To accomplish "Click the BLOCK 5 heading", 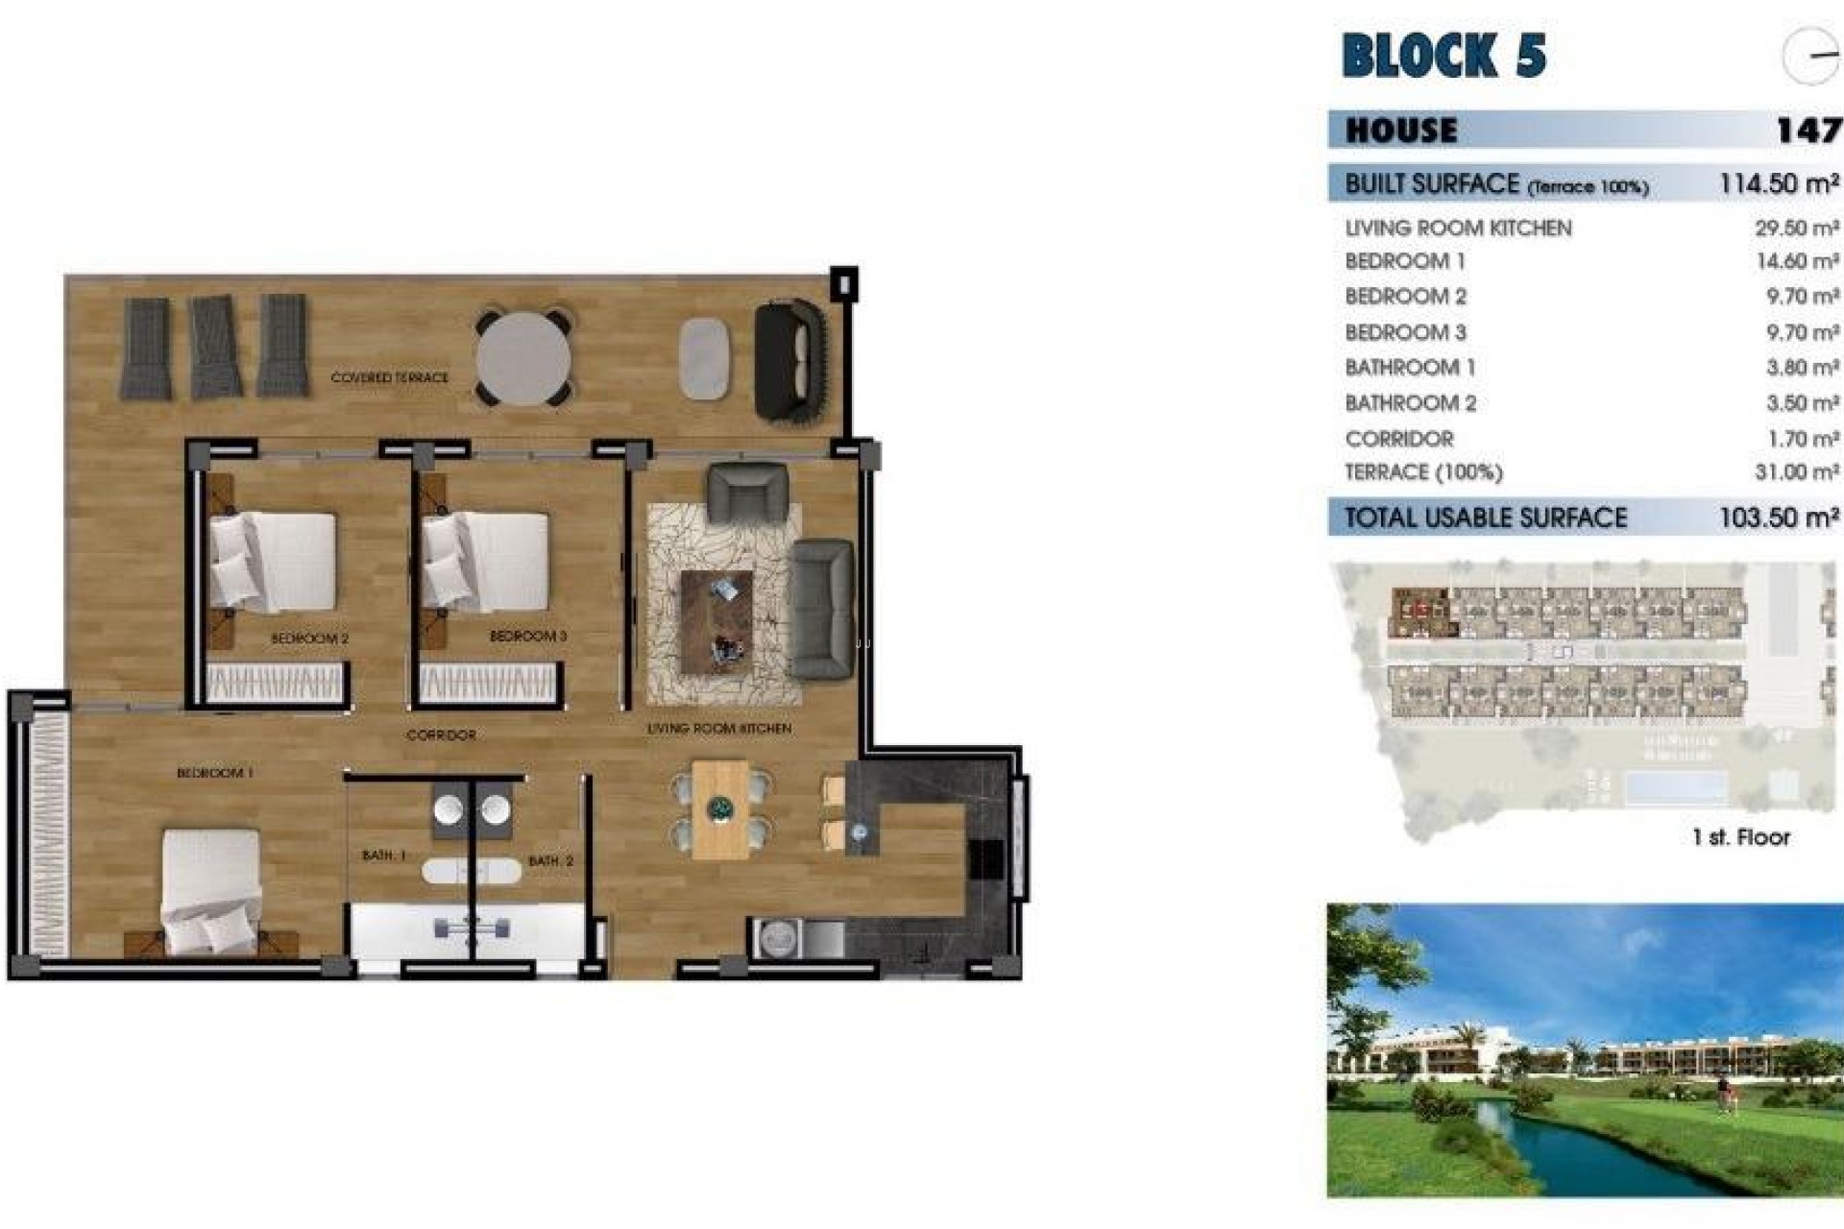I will [x=1444, y=55].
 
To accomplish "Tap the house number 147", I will [x=1808, y=130].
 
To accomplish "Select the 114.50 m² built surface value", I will [x=1779, y=183].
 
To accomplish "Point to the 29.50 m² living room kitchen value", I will [x=1796, y=229].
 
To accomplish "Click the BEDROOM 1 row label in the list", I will [x=1405, y=261].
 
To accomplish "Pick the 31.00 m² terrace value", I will [x=1796, y=472].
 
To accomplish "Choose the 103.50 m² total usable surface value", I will [x=1779, y=518].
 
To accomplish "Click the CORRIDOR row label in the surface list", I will [x=1399, y=439].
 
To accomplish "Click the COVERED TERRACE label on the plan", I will [x=389, y=378].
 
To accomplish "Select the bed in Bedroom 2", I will [x=274, y=562].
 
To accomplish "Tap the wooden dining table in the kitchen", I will [x=720, y=808].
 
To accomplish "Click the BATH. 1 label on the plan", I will [x=384, y=855].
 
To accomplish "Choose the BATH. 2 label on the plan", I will [x=550, y=861].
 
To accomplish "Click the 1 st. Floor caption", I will [x=1741, y=837].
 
